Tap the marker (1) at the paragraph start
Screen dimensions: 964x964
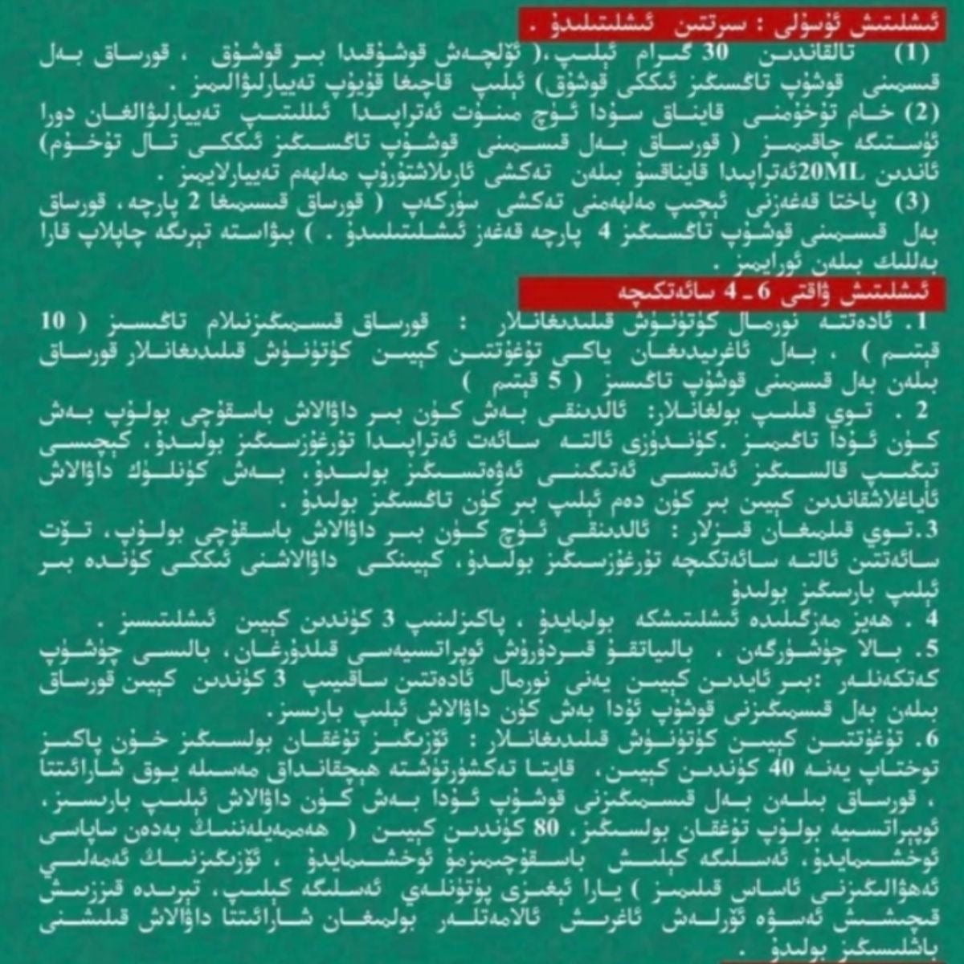tap(910, 55)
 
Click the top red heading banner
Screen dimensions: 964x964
tap(731, 25)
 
